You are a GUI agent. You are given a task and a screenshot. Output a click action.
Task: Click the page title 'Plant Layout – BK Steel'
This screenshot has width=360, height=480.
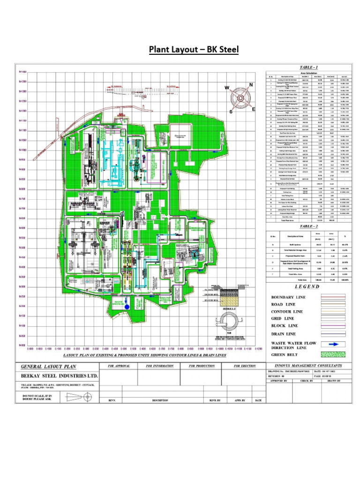click(194, 49)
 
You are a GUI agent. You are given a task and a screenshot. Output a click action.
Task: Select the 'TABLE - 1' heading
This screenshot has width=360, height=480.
click(307, 68)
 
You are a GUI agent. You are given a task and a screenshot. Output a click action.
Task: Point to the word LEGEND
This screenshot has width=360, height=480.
click(307, 287)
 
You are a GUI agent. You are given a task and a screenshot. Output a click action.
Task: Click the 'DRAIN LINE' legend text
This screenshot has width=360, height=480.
click(284, 334)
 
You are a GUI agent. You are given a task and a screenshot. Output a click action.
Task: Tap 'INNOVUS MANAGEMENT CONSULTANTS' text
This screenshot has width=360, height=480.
click(307, 366)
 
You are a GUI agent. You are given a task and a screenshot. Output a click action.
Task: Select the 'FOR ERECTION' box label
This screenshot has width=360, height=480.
click(246, 366)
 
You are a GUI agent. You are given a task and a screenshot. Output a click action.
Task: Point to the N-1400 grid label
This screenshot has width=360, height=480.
click(23, 72)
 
